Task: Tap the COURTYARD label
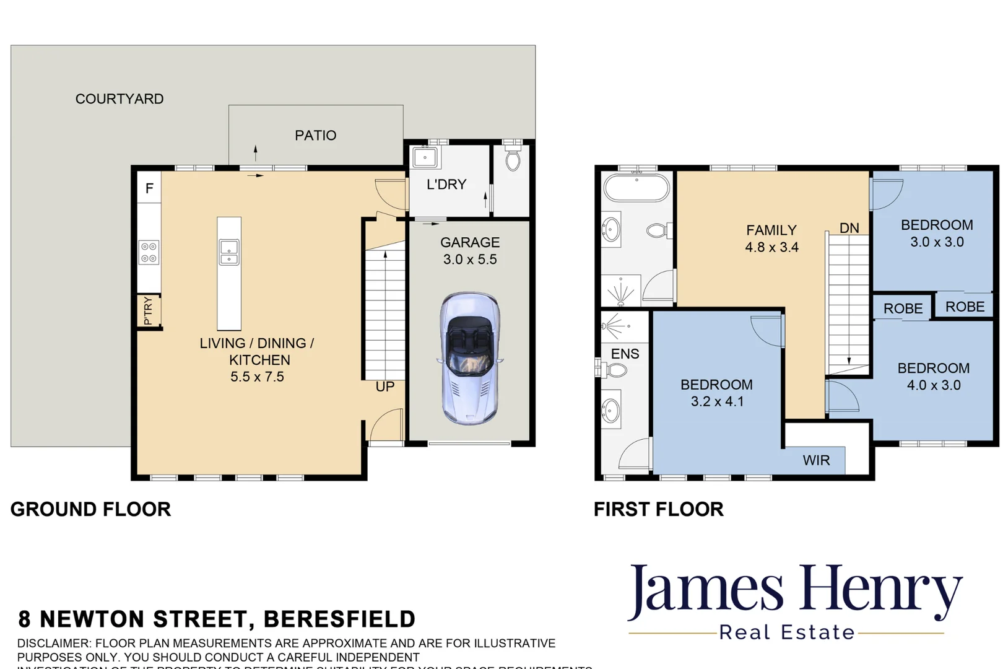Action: pos(119,99)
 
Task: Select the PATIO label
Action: pos(315,135)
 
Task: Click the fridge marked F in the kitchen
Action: pos(149,188)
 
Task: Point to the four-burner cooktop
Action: pos(149,252)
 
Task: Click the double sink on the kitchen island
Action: pos(229,252)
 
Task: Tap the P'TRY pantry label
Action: pos(148,311)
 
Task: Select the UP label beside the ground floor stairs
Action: pos(384,387)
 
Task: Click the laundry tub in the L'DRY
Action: pos(425,157)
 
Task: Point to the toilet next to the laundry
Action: pos(513,160)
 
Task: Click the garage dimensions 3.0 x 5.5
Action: pos(470,260)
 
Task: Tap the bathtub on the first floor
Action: pos(637,187)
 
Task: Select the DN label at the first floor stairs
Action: pos(849,228)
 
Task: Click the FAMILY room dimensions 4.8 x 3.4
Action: pos(771,247)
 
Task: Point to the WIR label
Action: pos(816,460)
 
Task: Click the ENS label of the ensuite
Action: pos(625,354)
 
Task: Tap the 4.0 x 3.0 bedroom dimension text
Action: pos(934,385)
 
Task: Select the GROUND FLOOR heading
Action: pos(90,509)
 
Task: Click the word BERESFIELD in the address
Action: pos(339,619)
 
